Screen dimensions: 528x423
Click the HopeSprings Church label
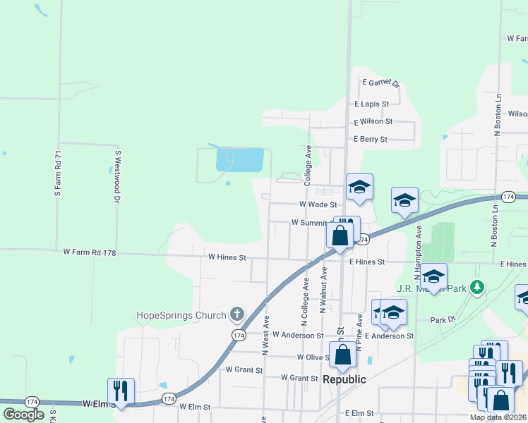coord(182,314)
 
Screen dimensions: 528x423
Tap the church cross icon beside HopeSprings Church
coord(237,314)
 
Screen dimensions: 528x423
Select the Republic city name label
coord(344,379)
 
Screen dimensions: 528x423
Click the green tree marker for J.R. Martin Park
coord(478,287)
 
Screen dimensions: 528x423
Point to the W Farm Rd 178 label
coord(89,252)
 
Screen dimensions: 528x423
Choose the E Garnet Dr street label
coord(381,82)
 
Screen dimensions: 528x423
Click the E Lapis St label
coord(371,104)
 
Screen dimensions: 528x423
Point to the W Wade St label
coord(318,204)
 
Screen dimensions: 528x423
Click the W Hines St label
coord(227,257)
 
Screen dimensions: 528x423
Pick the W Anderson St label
coord(298,336)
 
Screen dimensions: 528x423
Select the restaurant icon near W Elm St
coord(121,390)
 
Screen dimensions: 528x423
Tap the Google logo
coord(23,415)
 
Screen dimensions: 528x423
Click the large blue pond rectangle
coord(239,160)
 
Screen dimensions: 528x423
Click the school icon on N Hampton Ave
coord(434,275)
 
